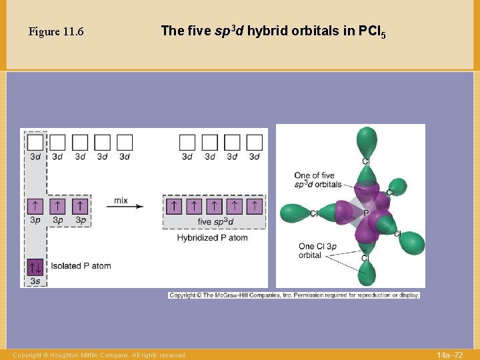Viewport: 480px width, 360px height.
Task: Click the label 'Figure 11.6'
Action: click(56, 32)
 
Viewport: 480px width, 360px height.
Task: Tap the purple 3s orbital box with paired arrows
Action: click(35, 267)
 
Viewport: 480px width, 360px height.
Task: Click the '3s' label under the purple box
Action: click(35, 282)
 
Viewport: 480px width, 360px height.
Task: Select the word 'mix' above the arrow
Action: click(121, 200)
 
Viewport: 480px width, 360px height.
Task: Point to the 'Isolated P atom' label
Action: click(81, 266)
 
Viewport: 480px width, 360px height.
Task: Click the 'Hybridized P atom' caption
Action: click(212, 237)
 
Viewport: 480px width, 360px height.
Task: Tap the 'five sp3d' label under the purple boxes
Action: click(215, 221)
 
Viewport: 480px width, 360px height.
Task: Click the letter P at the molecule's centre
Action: click(365, 213)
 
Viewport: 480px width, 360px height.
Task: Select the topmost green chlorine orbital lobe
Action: click(366, 141)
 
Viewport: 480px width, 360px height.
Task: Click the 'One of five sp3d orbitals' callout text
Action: click(318, 180)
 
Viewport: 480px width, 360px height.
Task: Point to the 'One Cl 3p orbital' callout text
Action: click(317, 251)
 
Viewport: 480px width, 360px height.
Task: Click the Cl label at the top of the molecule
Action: click(366, 161)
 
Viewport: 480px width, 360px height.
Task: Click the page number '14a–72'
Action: click(449, 355)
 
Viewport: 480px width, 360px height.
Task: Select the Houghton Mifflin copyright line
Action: click(100, 355)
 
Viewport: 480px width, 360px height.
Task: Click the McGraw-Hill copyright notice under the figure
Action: click(294, 295)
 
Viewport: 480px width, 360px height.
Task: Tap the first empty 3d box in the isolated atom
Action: click(35, 143)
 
